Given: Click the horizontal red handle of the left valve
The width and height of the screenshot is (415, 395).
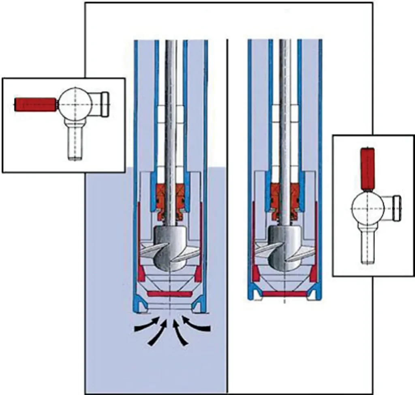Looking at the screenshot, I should pos(35,104).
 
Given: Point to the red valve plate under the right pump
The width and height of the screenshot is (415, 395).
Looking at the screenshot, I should pos(285,294).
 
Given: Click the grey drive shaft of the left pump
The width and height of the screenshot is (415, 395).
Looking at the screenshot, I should pos(171,121).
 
